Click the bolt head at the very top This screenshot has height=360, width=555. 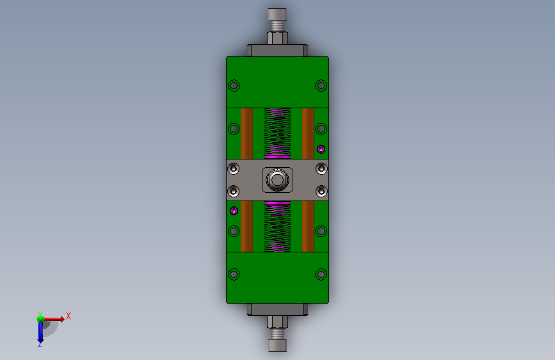(277, 15)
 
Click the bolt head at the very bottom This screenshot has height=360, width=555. (277, 345)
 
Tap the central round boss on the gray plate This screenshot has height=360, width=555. (277, 179)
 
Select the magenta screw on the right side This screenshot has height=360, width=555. (321, 149)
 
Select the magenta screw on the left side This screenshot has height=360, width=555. (234, 211)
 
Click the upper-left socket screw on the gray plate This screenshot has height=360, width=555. (233, 168)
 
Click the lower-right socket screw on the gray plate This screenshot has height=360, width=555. (321, 192)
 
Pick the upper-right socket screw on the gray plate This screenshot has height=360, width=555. (321, 168)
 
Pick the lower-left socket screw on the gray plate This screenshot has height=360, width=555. (233, 192)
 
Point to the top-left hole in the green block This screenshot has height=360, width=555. (234, 85)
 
